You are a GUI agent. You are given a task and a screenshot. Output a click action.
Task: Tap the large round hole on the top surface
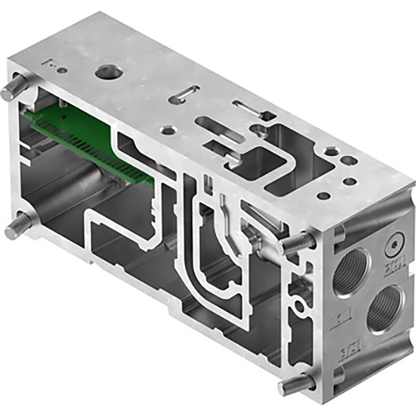[x=106, y=73]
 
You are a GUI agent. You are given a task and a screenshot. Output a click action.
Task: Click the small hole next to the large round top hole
[x=62, y=70]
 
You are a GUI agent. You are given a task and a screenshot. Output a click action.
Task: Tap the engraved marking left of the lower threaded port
[x=344, y=313]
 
